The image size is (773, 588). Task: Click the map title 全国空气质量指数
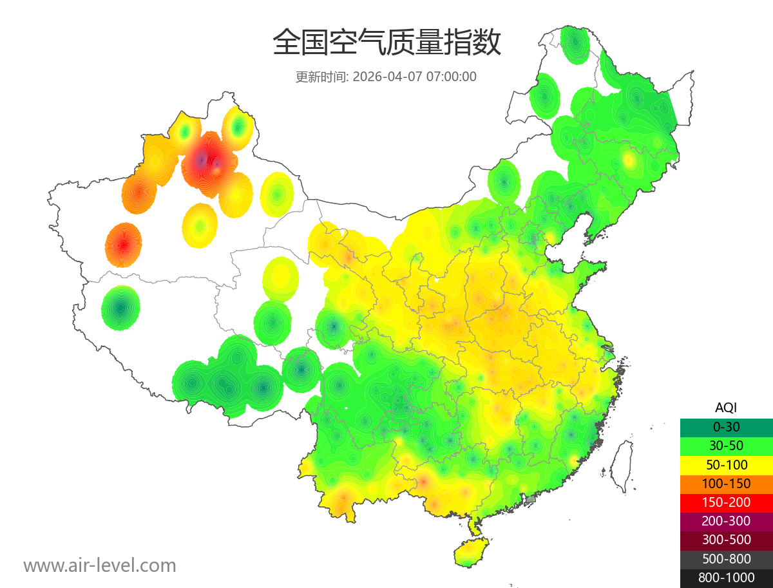click(386, 43)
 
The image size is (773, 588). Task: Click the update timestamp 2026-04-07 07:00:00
click(415, 77)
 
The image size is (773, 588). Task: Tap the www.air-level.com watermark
click(100, 565)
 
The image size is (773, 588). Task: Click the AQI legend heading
click(726, 407)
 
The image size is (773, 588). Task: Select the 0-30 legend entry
click(726, 426)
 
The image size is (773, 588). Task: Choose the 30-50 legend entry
click(726, 445)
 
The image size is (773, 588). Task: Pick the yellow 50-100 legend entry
click(726, 464)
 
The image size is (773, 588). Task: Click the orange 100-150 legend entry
click(726, 483)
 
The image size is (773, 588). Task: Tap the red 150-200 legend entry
click(726, 502)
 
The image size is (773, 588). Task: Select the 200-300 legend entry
click(726, 521)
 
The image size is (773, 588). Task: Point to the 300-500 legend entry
click(726, 540)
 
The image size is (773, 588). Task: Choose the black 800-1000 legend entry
click(726, 578)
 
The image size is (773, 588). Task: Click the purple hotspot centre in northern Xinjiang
click(203, 159)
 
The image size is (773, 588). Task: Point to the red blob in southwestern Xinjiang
click(123, 245)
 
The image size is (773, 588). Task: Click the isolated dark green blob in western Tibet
click(120, 308)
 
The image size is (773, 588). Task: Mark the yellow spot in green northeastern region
click(629, 160)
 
